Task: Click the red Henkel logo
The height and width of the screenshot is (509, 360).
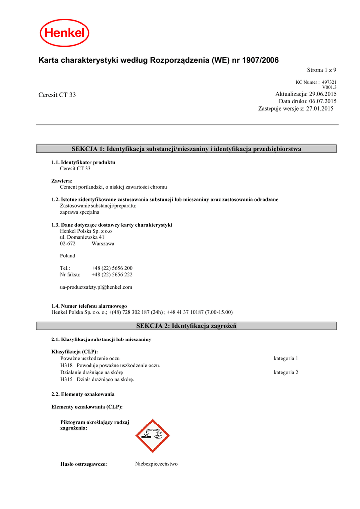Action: click(x=65, y=33)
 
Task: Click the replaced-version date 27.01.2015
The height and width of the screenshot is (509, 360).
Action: click(x=320, y=108)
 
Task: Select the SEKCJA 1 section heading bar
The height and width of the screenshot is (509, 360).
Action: click(x=187, y=149)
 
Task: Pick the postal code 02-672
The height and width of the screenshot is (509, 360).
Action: click(x=68, y=244)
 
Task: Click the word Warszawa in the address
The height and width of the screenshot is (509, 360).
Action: click(x=103, y=244)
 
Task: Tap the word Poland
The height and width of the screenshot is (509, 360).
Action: click(x=68, y=256)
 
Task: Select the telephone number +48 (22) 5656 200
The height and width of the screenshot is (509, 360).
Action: click(x=112, y=268)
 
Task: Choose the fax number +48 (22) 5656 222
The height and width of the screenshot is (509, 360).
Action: click(x=112, y=274)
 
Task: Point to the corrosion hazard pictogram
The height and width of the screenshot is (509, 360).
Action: click(x=153, y=435)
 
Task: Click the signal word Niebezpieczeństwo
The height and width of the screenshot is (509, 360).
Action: click(x=156, y=464)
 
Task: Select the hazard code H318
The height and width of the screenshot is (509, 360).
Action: click(x=66, y=365)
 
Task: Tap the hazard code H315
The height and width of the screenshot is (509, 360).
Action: click(x=66, y=379)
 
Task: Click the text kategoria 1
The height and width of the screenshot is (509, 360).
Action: click(x=286, y=358)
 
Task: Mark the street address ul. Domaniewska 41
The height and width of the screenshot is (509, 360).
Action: click(x=82, y=237)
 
